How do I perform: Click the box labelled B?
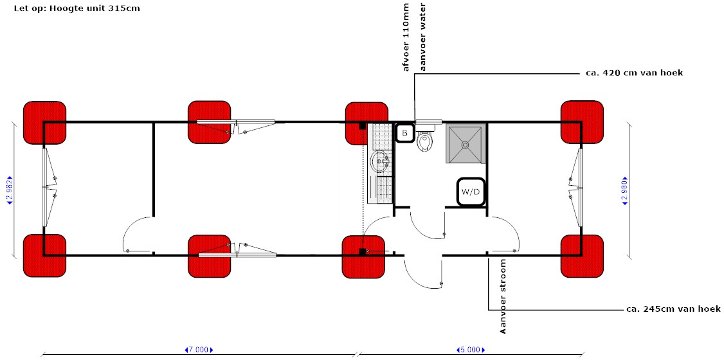404,133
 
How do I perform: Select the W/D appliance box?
471,192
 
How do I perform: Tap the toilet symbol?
424,142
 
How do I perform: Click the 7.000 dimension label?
198,350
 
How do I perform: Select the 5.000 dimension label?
470,350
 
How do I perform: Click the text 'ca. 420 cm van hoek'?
634,73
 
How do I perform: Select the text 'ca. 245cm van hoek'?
673,309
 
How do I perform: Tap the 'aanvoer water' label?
422,37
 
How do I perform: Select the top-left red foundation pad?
45,122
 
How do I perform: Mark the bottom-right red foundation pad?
582,256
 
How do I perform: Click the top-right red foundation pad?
582,122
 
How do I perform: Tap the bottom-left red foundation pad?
45,256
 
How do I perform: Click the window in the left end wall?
46,188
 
